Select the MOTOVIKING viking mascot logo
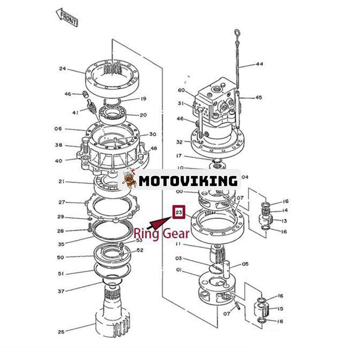tap(130, 180)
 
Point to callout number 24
tap(63, 69)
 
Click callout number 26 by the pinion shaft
tap(61, 332)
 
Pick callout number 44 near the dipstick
tap(259, 64)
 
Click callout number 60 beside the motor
tap(181, 90)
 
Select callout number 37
tap(61, 291)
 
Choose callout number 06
tap(58, 129)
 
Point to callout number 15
tap(281, 309)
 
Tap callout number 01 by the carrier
tap(179, 270)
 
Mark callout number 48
tap(153, 148)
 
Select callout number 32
tap(180, 142)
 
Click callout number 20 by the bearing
tap(143, 115)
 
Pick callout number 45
tap(258, 97)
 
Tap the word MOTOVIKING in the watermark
tap(188, 181)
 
